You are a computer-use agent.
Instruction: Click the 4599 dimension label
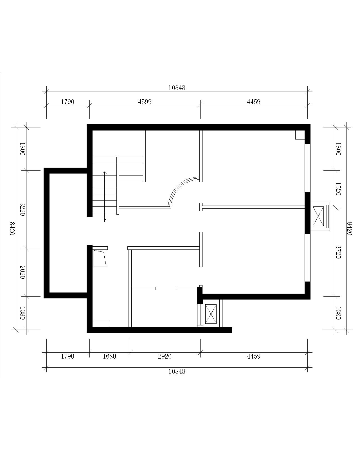point(145,102)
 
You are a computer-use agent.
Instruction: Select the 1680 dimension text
point(109,356)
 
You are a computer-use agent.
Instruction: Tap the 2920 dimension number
point(165,356)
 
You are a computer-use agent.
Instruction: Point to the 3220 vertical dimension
point(22,209)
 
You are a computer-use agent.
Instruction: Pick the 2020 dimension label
point(22,272)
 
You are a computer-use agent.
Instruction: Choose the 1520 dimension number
point(338,189)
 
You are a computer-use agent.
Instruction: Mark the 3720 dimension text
point(338,252)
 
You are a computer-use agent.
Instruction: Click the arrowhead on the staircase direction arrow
point(105,172)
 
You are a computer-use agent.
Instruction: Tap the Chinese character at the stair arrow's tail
point(105,220)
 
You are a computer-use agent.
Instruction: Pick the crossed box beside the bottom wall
point(211,314)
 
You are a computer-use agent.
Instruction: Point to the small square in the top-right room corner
point(300,135)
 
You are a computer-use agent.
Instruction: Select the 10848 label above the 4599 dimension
point(177,88)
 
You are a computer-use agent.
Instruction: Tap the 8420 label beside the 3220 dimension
point(12,228)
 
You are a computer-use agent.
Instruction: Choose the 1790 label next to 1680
point(67,356)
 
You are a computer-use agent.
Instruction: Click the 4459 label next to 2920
point(253,356)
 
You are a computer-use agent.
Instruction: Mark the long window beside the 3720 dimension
point(307,257)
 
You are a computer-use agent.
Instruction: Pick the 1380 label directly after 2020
point(22,313)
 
